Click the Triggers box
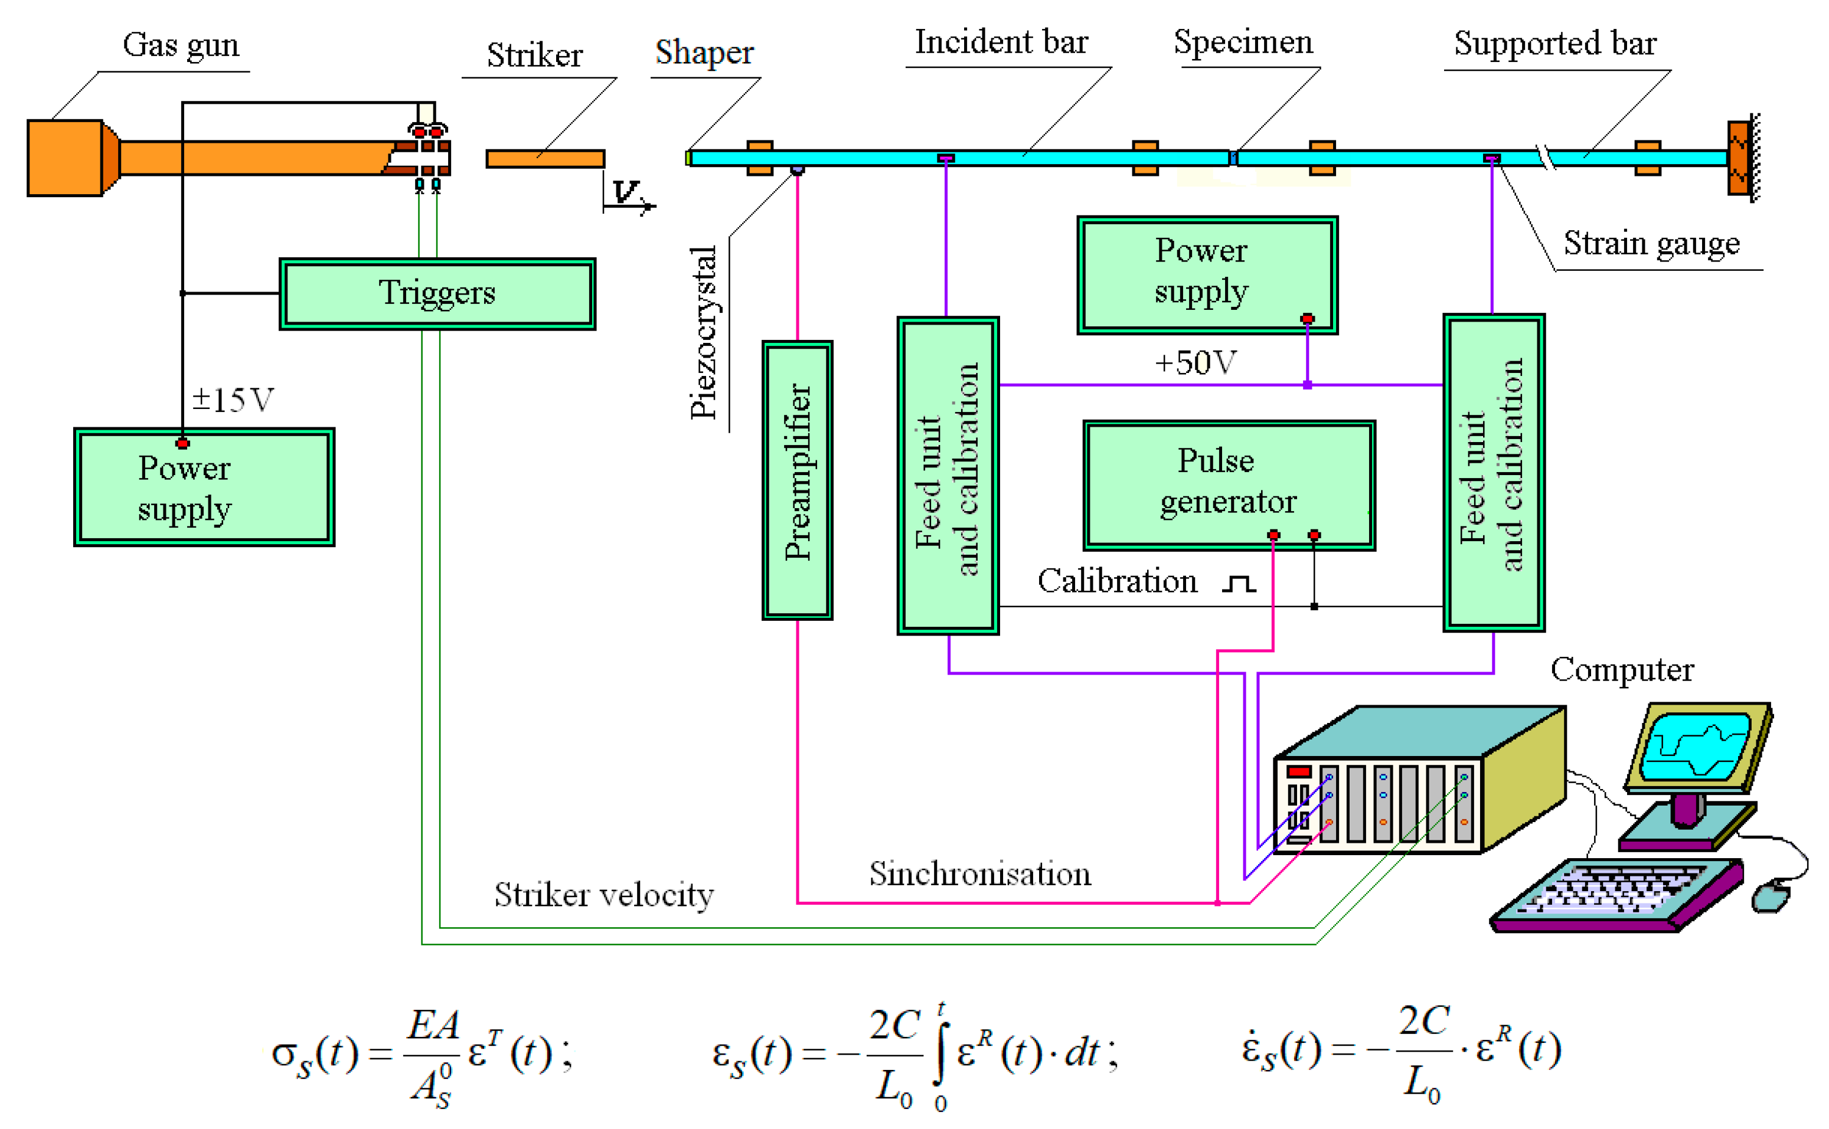point(437,293)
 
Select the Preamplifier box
point(797,480)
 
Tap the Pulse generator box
point(1229,485)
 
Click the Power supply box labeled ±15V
point(204,487)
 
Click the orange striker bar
point(545,158)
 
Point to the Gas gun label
point(181,45)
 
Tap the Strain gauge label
point(1651,243)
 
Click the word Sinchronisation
point(980,873)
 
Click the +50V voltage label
point(1195,362)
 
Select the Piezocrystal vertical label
point(703,332)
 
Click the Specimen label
point(1243,42)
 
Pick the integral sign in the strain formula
point(940,1053)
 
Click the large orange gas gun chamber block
point(65,158)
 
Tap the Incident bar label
point(1001,42)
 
